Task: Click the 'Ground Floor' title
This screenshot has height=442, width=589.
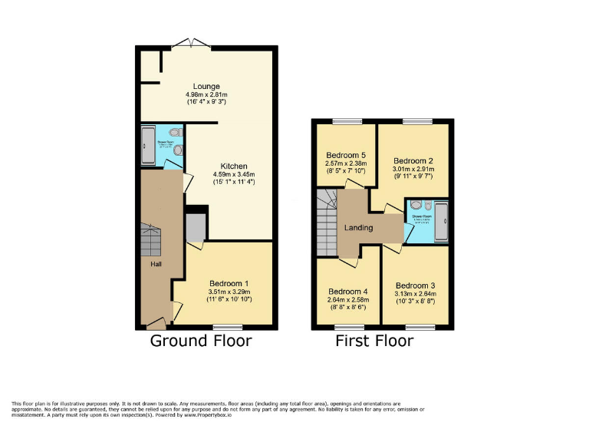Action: (x=200, y=341)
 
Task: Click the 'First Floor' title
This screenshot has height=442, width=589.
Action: (x=375, y=341)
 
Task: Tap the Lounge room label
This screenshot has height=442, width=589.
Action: (x=206, y=86)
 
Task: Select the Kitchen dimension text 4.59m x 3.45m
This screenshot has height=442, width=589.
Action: (x=233, y=175)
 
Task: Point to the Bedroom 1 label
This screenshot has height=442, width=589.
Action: (x=229, y=282)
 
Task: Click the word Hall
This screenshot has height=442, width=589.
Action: (x=156, y=265)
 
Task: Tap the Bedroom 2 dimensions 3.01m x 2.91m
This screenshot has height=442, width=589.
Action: (x=413, y=170)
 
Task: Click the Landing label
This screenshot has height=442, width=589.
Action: (x=358, y=227)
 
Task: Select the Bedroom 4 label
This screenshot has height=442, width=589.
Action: (x=347, y=292)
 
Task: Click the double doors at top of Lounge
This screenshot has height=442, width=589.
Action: (x=189, y=41)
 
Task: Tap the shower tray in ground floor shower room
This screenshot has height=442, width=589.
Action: (x=147, y=145)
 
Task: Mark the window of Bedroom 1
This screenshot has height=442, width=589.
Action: (x=225, y=328)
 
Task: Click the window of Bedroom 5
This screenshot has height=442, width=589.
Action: (x=347, y=121)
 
